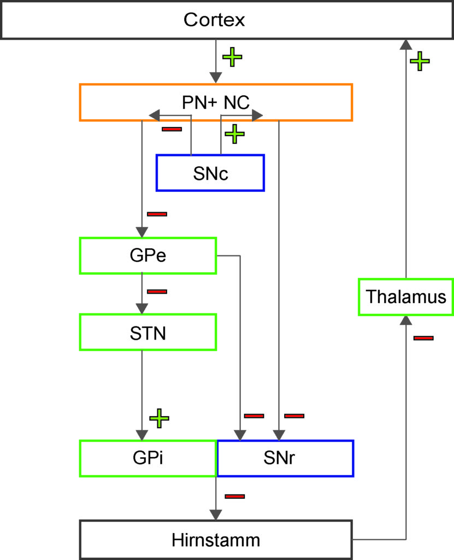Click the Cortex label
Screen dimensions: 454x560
coord(214,20)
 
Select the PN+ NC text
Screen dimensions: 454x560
coord(216,102)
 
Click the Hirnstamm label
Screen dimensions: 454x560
coord(216,540)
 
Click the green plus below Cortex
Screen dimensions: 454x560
coord(232,57)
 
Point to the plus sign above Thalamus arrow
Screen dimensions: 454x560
coord(420,61)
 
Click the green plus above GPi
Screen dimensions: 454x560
coord(159,418)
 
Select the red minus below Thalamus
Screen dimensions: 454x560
coord(423,338)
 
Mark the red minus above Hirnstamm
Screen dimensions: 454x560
coord(235,497)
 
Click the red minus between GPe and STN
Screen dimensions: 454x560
coord(157,292)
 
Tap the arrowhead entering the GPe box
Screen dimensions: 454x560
coord(142,232)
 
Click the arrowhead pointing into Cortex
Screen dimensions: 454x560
coord(406,44)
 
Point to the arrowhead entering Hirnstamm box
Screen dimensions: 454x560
coord(216,515)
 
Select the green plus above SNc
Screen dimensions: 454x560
coord(234,134)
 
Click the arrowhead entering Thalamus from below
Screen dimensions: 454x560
coord(406,320)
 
